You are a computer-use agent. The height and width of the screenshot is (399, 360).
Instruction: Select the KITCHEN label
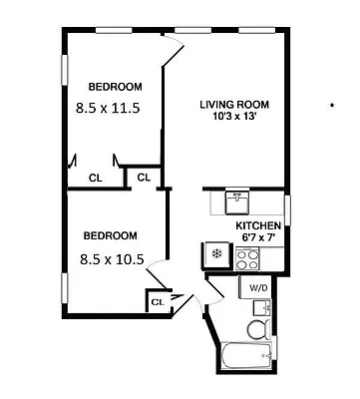258,225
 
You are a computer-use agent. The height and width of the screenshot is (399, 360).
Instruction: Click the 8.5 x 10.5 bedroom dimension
112,259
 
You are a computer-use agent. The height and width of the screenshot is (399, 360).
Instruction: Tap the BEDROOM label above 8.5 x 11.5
115,86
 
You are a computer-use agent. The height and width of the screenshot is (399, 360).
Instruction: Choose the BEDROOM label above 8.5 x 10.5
110,235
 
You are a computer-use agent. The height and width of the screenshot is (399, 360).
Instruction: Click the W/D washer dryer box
258,287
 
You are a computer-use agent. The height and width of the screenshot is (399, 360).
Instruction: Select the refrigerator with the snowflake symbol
215,256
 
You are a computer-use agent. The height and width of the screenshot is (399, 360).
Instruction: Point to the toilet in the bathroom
257,329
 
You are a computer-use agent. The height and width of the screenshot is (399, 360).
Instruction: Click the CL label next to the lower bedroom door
158,301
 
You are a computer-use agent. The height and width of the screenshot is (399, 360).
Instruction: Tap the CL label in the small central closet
143,179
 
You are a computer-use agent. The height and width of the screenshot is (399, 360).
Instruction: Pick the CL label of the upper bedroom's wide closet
96,179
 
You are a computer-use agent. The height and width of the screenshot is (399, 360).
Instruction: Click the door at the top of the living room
175,50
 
